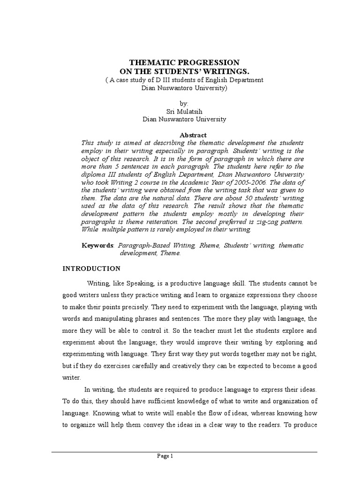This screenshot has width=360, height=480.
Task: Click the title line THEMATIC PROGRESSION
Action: (x=184, y=62)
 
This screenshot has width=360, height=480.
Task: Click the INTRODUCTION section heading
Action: (x=92, y=269)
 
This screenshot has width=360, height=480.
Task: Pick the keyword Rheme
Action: (x=209, y=245)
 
